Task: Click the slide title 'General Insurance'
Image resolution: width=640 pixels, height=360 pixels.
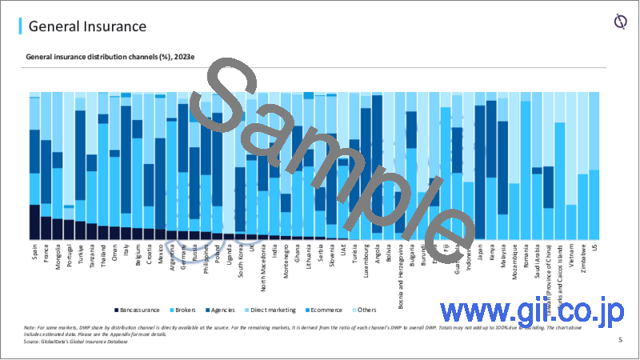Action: (88, 26)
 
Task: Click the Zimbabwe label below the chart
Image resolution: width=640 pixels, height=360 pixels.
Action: (582, 259)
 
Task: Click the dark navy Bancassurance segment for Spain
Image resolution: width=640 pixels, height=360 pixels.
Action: (34, 222)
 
